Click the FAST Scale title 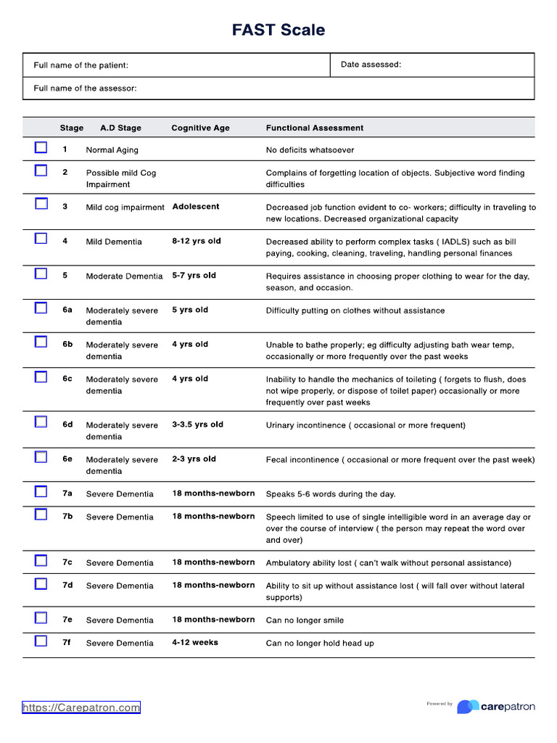pos(278,30)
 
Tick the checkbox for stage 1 pos(41,148)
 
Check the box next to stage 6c pos(41,377)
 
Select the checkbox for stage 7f pos(41,641)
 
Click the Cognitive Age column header pos(200,128)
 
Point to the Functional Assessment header pos(315,128)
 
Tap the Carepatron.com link pos(81,707)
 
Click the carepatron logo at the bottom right pos(496,706)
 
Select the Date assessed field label pos(371,65)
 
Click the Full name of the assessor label pos(85,89)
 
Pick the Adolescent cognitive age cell pos(196,207)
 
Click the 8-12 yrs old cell pos(197,241)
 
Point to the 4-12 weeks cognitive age pos(195,642)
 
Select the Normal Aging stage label pos(112,150)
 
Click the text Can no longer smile pos(305,620)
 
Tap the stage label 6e pos(67,459)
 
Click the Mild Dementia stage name pos(114,242)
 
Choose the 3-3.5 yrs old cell pos(197,424)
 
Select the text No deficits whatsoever pos(310,150)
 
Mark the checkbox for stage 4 pos(41,239)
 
